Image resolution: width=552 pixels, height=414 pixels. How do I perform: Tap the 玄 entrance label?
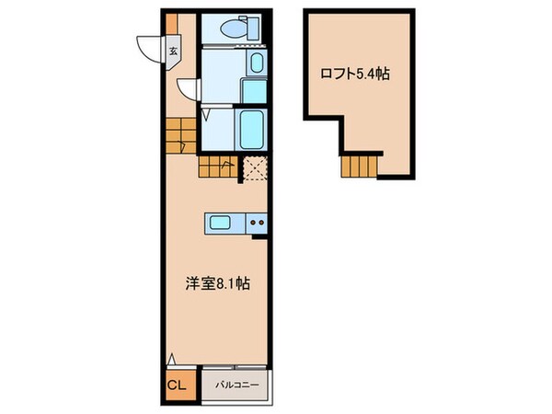tap(172, 52)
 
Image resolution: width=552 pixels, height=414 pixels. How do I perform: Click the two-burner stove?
tap(257, 222)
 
